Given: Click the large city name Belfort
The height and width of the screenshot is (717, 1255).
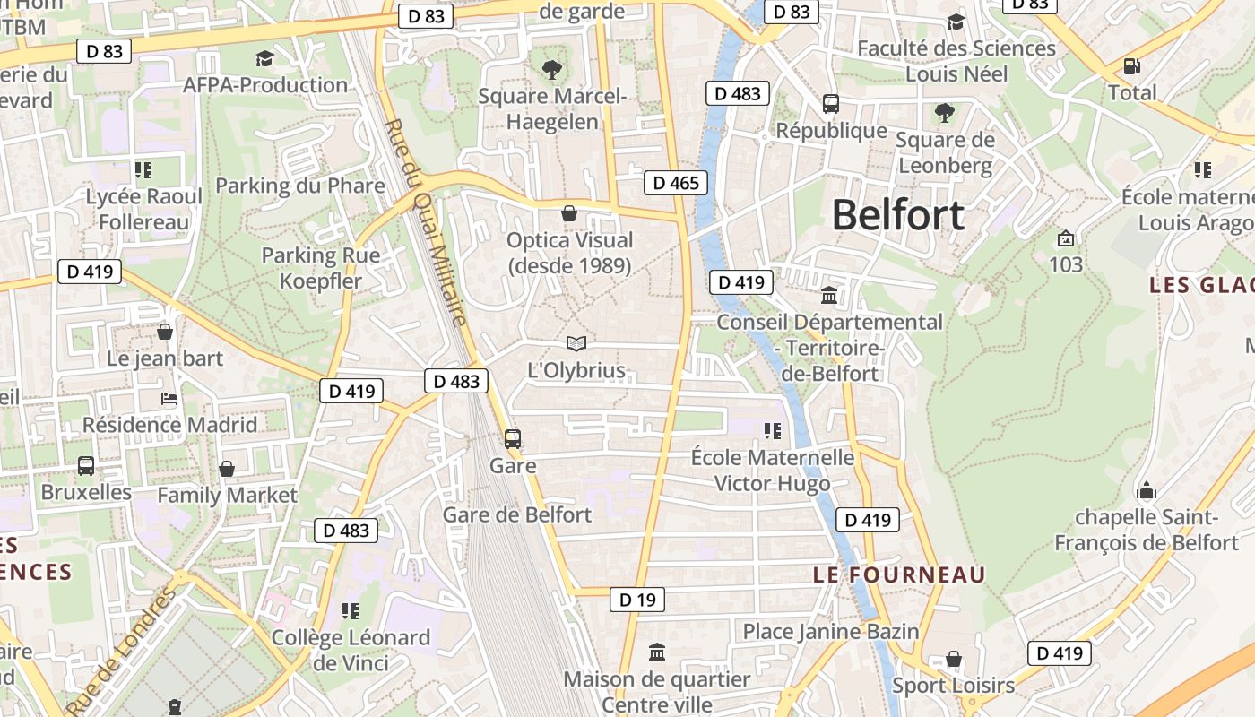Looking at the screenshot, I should click(898, 215).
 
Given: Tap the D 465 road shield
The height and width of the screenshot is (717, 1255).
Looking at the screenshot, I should click(676, 184).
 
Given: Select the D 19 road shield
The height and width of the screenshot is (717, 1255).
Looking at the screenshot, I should click(637, 600).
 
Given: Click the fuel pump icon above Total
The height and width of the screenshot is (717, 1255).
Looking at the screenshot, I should click(1132, 66).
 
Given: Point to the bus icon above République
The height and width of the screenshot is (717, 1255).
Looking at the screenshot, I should click(831, 103).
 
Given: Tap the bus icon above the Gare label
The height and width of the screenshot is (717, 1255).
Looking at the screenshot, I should click(513, 439).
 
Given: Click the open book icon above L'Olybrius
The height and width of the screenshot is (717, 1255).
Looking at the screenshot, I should click(576, 343).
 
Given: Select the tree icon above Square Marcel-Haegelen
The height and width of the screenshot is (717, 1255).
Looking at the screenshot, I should click(551, 68).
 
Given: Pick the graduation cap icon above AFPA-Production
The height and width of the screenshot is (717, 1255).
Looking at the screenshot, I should click(264, 59).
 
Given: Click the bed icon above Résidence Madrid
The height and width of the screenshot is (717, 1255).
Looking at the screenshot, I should click(169, 398).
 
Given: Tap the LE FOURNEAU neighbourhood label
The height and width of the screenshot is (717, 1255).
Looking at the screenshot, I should click(899, 574).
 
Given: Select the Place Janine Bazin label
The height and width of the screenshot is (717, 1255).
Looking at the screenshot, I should click(831, 631).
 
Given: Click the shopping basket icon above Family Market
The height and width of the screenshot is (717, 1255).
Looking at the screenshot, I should click(227, 469).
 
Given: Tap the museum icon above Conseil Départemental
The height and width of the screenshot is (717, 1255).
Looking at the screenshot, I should click(829, 295).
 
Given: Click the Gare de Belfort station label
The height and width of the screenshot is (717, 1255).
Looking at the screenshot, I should click(517, 514).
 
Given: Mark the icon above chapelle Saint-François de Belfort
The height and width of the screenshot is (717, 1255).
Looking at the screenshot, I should click(1146, 491).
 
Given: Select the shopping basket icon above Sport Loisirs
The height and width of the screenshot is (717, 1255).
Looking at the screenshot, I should click(954, 660).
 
